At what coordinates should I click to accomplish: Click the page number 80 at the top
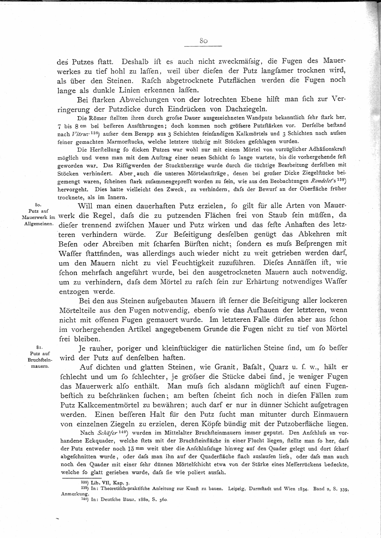203,41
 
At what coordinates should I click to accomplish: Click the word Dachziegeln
246,109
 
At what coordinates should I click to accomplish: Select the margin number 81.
39,347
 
